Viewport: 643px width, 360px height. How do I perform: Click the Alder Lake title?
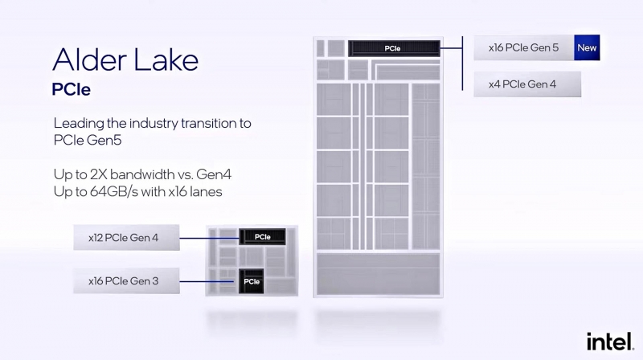(x=125, y=59)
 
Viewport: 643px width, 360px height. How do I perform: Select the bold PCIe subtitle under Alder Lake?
(x=71, y=89)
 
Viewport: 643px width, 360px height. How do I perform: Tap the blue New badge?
(x=587, y=47)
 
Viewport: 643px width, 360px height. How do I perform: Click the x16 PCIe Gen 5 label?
(x=524, y=47)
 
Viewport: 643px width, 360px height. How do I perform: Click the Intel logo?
(x=610, y=342)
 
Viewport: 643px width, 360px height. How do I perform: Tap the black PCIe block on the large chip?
(x=394, y=48)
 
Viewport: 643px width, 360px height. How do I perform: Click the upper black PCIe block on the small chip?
(x=263, y=237)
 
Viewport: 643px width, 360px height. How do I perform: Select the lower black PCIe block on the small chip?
(x=252, y=281)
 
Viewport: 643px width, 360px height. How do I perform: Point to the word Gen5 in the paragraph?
(x=104, y=141)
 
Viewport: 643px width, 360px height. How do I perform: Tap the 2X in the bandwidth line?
(x=98, y=174)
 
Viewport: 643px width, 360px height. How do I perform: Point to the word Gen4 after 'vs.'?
(x=214, y=174)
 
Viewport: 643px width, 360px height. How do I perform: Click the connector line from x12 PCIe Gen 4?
(x=209, y=238)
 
